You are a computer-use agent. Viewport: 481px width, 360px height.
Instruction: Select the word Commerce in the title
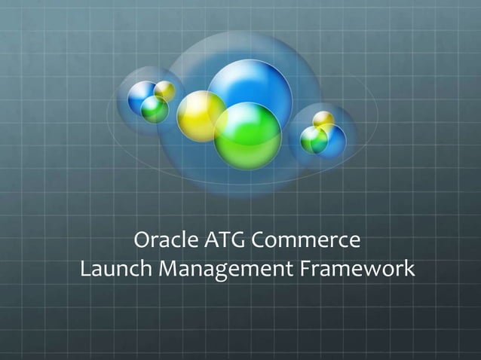(305, 241)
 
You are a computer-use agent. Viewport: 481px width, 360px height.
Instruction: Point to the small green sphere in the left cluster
(155, 110)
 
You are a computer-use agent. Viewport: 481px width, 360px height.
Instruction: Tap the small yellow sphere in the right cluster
(323, 119)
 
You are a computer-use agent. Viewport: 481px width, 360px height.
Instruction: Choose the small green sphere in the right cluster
(313, 139)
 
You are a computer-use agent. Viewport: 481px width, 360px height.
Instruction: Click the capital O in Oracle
(142, 241)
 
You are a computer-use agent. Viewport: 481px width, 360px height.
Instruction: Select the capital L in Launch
(84, 268)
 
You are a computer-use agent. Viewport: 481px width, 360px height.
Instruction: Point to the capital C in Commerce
(258, 241)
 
